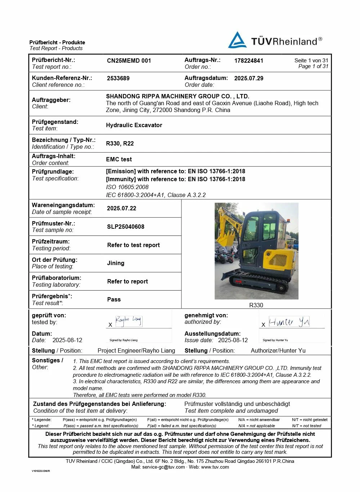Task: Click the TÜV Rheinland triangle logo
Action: pos(237,40)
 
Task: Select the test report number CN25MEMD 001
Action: pos(129,61)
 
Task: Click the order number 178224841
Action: pos(249,61)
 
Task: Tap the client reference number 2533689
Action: pos(118,78)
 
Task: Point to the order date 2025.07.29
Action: pos(249,78)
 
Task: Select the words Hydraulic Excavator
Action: pos(134,125)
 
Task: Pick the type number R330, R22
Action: pos(120,143)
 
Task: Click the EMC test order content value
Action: pos(119,159)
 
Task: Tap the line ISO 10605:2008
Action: pos(127,187)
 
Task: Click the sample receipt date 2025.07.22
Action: pos(122,208)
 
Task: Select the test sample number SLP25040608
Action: pos(126,227)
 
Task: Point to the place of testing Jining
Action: pos(116,263)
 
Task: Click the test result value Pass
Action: pos(114,299)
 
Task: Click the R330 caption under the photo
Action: pos(256,305)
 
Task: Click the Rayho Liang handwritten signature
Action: pos(128,320)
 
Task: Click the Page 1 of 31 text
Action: pos(313,66)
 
